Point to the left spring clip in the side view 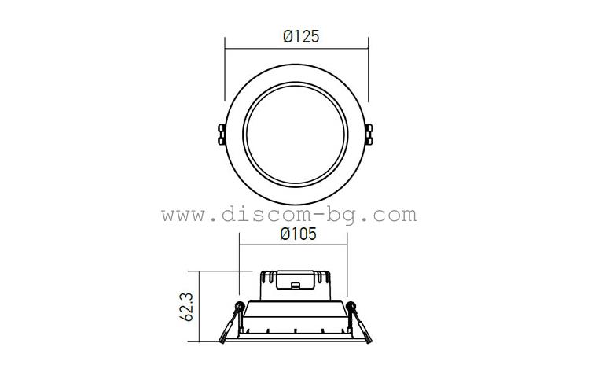(230, 324)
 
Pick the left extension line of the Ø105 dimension (239, 264)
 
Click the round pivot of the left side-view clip (238, 306)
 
